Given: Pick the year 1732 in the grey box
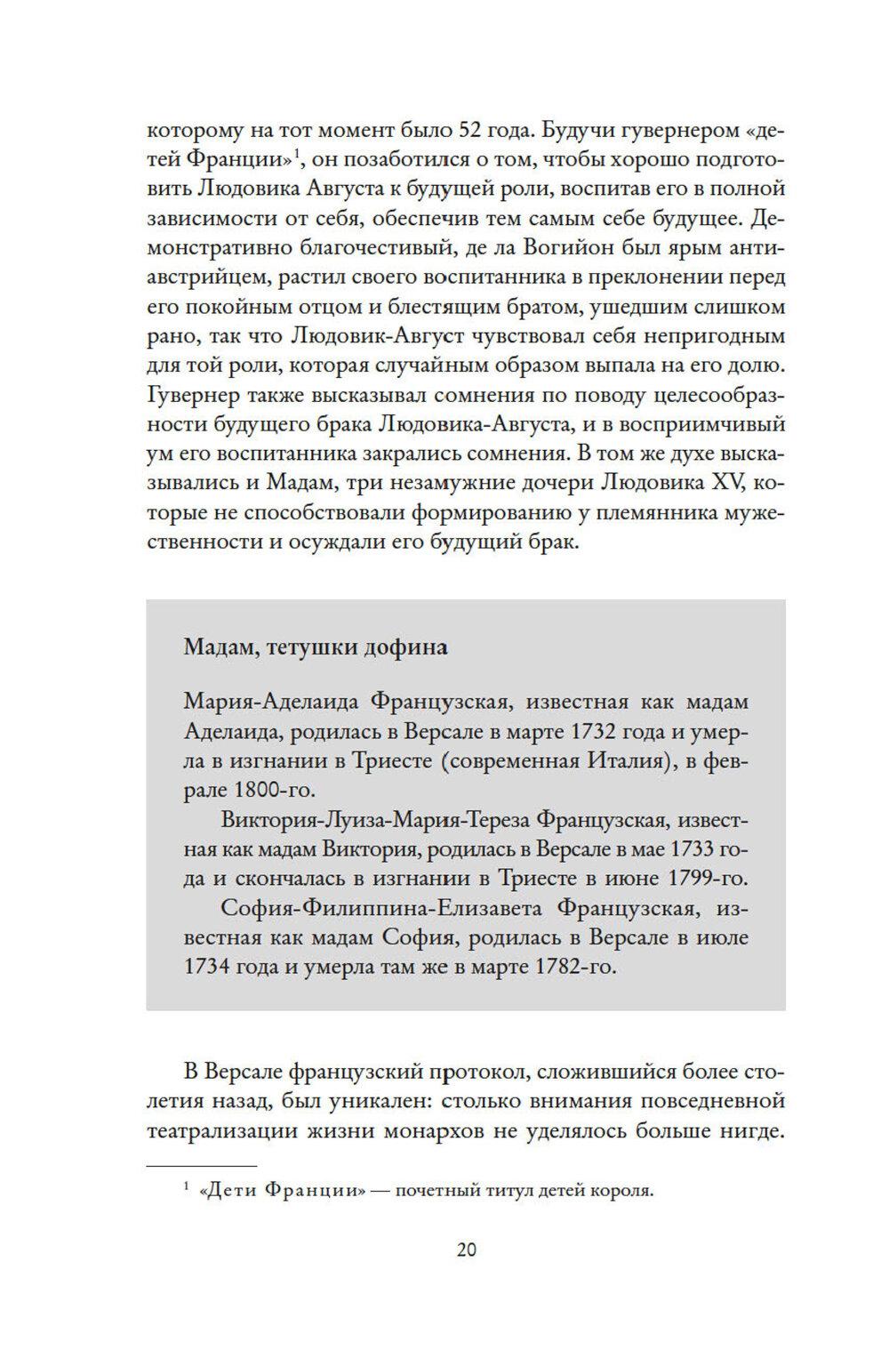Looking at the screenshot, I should click(606, 733).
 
